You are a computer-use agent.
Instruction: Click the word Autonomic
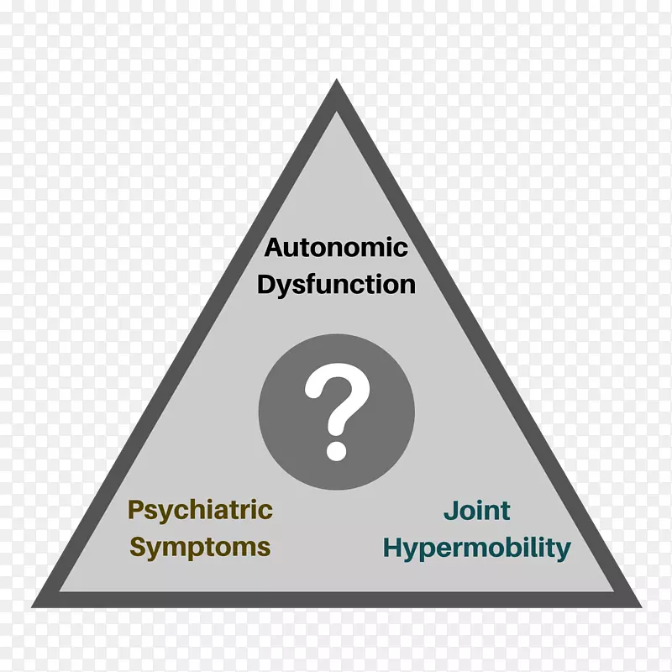point(336,248)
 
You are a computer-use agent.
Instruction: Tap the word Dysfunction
point(336,284)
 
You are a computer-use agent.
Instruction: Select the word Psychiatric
point(200,509)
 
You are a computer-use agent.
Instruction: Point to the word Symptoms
point(200,548)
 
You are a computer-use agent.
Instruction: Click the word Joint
point(476,510)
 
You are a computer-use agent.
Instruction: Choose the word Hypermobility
point(476,549)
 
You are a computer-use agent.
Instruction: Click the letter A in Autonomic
point(274,248)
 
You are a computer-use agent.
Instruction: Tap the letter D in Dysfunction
point(266,284)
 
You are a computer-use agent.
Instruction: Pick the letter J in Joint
point(449,510)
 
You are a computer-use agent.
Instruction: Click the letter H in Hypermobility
point(392,548)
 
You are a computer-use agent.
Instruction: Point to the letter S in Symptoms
point(139,548)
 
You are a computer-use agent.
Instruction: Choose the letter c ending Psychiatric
point(265,510)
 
